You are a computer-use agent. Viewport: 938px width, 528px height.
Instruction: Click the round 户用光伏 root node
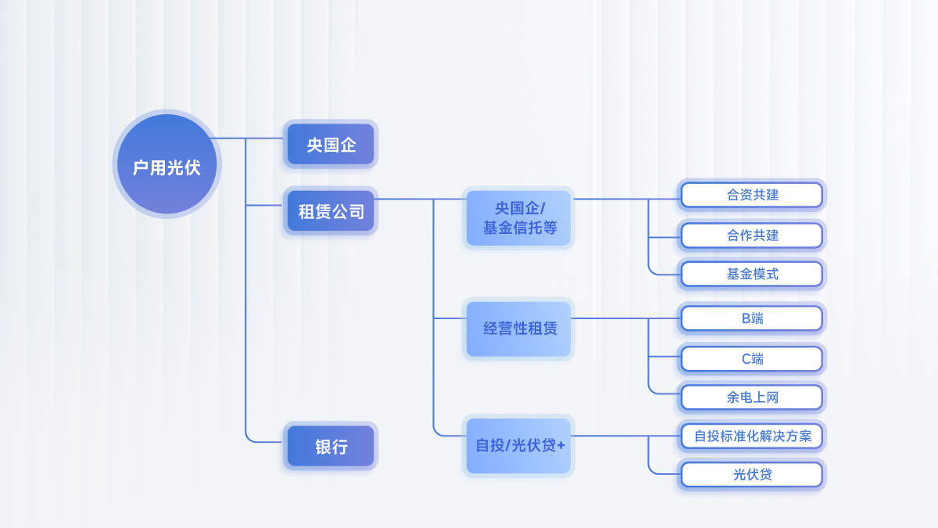(x=166, y=164)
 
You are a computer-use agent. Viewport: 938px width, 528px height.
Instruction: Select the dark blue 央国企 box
(x=331, y=145)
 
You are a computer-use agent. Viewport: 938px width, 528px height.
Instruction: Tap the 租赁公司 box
(x=331, y=210)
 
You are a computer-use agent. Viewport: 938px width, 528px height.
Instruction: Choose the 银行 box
(x=331, y=447)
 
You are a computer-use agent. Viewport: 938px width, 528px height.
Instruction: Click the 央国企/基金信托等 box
(x=519, y=218)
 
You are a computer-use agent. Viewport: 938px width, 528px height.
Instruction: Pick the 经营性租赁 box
(x=519, y=329)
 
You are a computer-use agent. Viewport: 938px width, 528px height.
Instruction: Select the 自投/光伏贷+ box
(x=519, y=446)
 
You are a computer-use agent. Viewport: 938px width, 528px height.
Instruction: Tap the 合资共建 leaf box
(x=752, y=195)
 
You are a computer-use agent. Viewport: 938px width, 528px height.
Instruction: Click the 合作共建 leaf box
(x=752, y=235)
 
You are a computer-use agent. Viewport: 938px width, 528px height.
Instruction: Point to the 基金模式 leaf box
(x=752, y=274)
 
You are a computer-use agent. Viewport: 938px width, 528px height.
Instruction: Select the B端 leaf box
(x=752, y=318)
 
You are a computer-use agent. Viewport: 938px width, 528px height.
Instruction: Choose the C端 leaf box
(x=752, y=359)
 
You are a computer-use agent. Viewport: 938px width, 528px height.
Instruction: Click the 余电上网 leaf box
(x=752, y=397)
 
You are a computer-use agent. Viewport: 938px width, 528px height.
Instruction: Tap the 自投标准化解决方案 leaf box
(x=752, y=436)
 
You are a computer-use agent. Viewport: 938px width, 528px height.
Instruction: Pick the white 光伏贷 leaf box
(x=752, y=474)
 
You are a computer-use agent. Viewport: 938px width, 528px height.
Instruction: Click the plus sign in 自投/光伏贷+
(x=560, y=446)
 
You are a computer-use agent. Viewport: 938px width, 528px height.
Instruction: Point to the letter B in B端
(x=746, y=318)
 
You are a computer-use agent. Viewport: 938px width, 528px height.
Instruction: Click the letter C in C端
(x=746, y=359)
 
